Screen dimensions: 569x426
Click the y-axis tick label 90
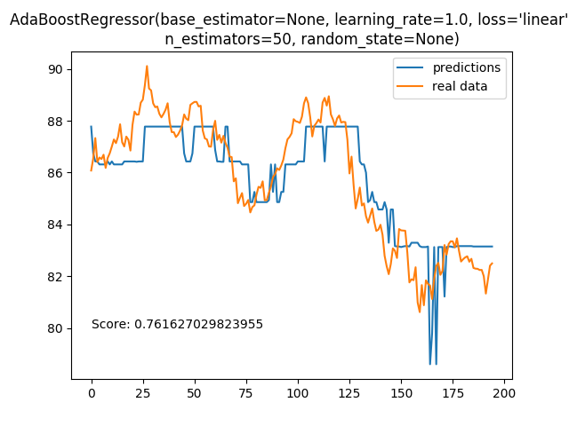point(55,69)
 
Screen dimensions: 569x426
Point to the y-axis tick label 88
point(55,122)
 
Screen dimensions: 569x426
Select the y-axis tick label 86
point(55,173)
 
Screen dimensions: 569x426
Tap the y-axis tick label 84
point(55,225)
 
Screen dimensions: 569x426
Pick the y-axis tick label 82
point(55,277)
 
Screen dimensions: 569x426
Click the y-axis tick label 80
point(55,328)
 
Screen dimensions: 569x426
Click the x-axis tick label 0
point(92,393)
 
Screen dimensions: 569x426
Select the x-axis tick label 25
point(143,393)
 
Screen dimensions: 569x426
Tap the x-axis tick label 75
point(246,393)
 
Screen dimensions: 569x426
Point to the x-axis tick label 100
point(298,393)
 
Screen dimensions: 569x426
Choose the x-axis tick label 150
point(401,393)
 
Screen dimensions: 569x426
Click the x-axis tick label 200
point(504,393)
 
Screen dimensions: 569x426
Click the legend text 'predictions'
point(467,67)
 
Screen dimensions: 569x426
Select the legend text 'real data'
point(460,86)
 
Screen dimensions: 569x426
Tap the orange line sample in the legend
point(410,86)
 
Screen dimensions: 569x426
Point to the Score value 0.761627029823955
point(198,324)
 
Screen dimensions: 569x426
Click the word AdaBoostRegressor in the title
point(83,20)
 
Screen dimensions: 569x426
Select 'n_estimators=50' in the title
point(228,39)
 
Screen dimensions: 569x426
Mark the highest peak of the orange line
point(147,66)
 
